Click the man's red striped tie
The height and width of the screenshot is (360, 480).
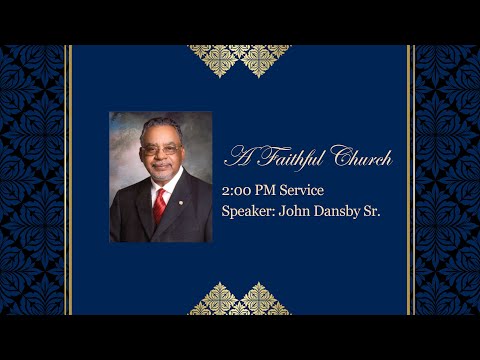160,205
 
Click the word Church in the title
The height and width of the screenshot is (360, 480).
362,157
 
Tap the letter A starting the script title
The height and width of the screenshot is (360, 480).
238,157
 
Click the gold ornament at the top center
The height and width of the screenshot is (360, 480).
240,58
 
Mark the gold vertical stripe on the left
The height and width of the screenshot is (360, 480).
68,180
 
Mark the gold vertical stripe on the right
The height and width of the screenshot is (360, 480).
411,180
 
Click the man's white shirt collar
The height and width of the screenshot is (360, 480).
151,185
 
